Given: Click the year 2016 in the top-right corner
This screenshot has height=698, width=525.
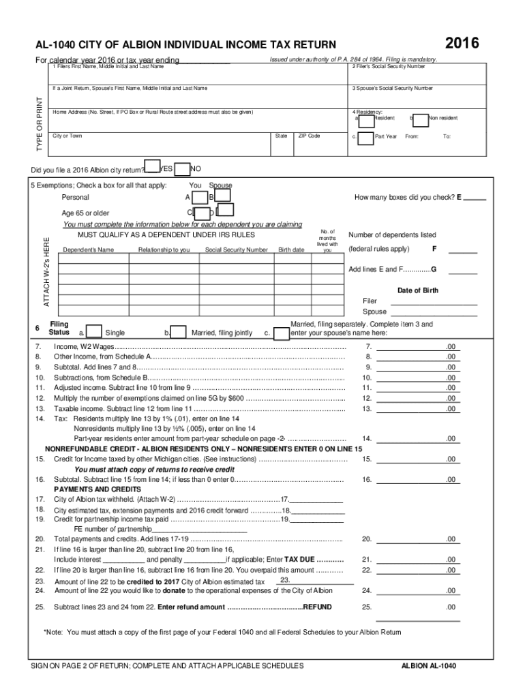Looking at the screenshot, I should point(462,44).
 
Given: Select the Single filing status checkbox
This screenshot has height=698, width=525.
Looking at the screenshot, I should point(94,332).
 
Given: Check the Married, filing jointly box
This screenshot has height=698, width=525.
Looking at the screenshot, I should point(179,332).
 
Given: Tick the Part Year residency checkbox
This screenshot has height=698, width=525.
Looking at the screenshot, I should point(366,136).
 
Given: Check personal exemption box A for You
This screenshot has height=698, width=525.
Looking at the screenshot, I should point(199,198).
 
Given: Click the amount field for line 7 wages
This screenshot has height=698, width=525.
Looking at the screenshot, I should point(418,346).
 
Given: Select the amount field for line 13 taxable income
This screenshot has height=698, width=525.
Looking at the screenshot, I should point(418,408).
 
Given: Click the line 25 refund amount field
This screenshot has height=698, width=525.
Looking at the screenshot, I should point(418,606).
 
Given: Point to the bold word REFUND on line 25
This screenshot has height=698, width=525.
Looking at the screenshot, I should point(317,606).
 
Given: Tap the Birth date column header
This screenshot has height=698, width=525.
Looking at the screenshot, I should point(291,250).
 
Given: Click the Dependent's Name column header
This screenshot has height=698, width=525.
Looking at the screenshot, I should point(88,250).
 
